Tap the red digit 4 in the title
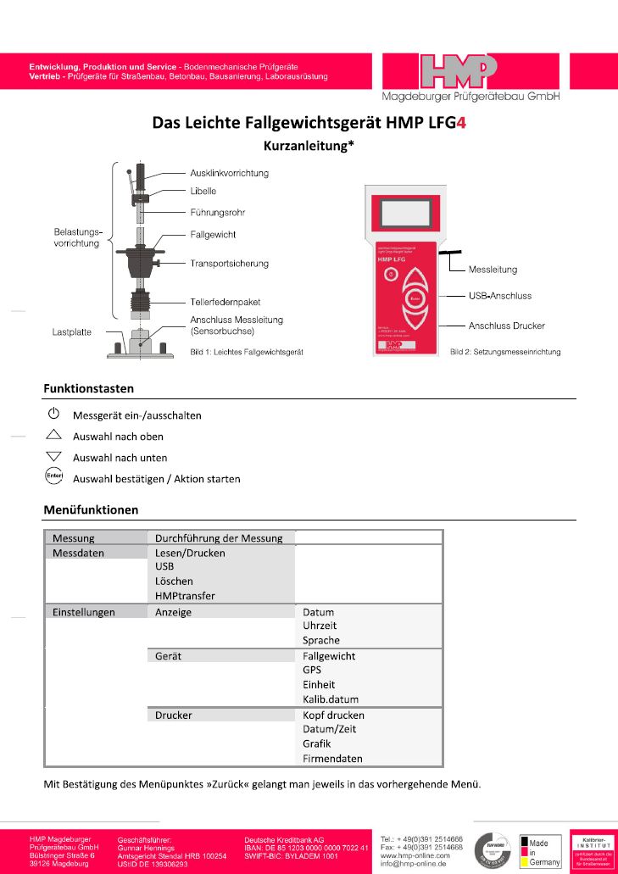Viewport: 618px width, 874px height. point(461,122)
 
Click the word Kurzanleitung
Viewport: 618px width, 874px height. point(304,145)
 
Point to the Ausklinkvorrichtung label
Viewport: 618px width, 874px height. point(229,173)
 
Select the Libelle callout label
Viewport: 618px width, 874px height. point(203,192)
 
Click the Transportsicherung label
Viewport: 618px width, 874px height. point(229,264)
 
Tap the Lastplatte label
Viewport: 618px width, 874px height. point(72,333)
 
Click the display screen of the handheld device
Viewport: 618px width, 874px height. point(405,212)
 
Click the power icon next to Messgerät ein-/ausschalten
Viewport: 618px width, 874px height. point(53,415)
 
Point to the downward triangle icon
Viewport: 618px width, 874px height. point(53,457)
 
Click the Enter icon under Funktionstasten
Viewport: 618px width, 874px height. point(53,477)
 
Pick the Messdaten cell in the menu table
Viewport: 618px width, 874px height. point(79,553)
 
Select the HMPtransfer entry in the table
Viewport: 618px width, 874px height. point(185,596)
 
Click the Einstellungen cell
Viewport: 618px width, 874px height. point(84,612)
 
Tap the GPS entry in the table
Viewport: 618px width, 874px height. point(312,670)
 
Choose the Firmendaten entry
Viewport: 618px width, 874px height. point(332,758)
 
